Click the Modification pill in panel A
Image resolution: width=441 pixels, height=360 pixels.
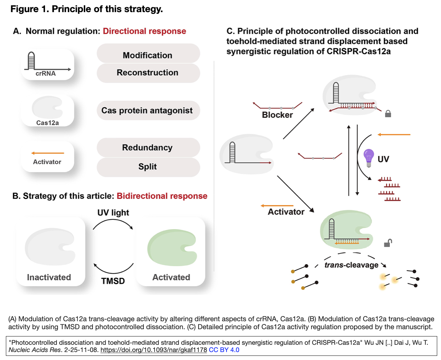(148, 54)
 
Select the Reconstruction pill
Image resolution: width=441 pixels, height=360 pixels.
(148, 73)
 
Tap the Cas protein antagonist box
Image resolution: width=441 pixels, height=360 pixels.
(148, 110)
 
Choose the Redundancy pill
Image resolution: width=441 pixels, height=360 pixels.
(148, 147)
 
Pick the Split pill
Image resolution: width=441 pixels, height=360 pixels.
(148, 167)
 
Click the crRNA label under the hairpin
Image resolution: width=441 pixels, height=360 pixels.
(46, 73)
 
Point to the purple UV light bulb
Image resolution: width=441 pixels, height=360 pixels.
(369, 158)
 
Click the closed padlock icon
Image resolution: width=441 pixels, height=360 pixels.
(388, 114)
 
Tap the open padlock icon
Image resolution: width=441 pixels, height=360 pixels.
(388, 243)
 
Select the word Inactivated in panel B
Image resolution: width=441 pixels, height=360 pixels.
(49, 277)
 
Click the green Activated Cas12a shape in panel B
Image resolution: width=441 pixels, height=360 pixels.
(172, 247)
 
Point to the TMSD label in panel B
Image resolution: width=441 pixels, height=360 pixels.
(113, 281)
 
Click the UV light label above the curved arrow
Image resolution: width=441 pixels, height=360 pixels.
(113, 213)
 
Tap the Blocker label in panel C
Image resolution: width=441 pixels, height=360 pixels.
(277, 115)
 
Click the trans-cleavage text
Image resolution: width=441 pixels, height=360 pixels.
(351, 265)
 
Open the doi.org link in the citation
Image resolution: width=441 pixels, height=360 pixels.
(153, 350)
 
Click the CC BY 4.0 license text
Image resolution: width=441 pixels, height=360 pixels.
(224, 350)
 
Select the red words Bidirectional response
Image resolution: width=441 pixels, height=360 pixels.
(162, 196)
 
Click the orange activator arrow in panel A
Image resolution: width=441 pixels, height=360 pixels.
(48, 153)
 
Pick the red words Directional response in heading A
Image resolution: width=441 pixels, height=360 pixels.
(144, 31)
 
